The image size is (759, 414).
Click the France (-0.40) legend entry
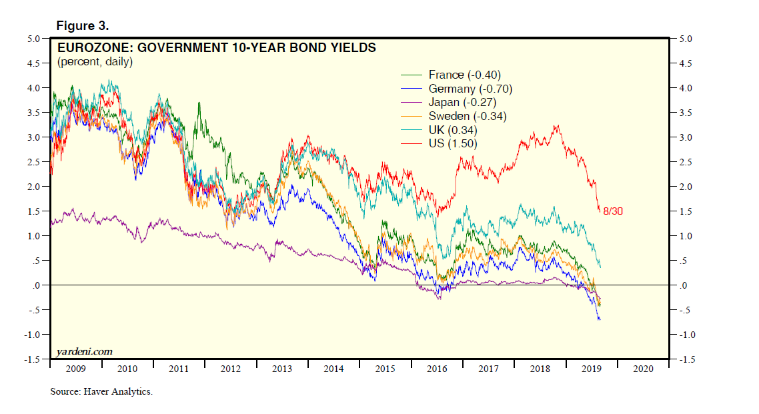(464, 75)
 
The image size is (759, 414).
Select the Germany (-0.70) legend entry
(470, 89)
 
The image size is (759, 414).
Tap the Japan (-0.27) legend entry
(463, 102)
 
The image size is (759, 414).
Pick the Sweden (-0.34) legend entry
(467, 116)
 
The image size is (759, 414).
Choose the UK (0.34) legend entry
(453, 130)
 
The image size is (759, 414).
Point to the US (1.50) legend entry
(453, 143)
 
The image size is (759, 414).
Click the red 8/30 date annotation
(612, 211)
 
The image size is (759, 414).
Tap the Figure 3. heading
(83, 26)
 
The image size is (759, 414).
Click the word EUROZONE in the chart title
(87, 48)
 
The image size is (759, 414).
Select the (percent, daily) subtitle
(95, 62)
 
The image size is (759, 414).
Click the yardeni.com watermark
(83, 351)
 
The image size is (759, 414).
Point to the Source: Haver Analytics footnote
(101, 391)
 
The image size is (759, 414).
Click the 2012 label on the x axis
(230, 368)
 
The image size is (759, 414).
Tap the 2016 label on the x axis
(436, 368)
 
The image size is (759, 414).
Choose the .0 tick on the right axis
(682, 285)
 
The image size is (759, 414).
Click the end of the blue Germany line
(600, 320)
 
